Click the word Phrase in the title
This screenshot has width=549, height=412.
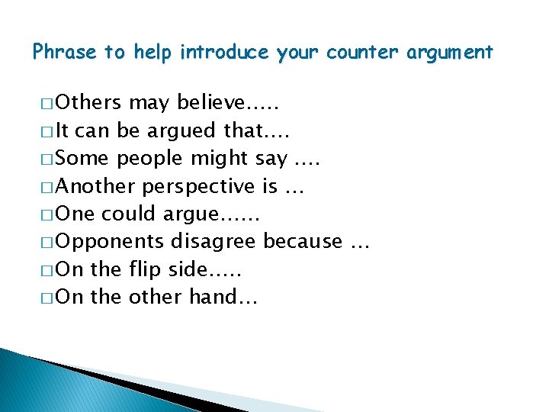click(65, 53)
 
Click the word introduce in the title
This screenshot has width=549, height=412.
click(225, 53)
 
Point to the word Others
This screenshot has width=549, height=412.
click(89, 103)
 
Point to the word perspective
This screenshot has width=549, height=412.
click(199, 187)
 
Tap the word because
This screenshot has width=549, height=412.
click(303, 241)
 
